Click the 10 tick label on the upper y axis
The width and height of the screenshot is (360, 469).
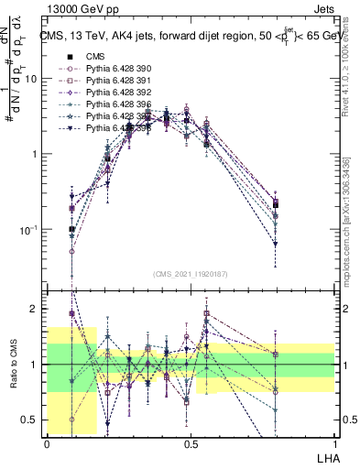pos(31,79)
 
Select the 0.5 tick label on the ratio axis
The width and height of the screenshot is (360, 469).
pos(33,420)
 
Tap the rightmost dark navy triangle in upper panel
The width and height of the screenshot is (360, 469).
pos(276,244)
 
